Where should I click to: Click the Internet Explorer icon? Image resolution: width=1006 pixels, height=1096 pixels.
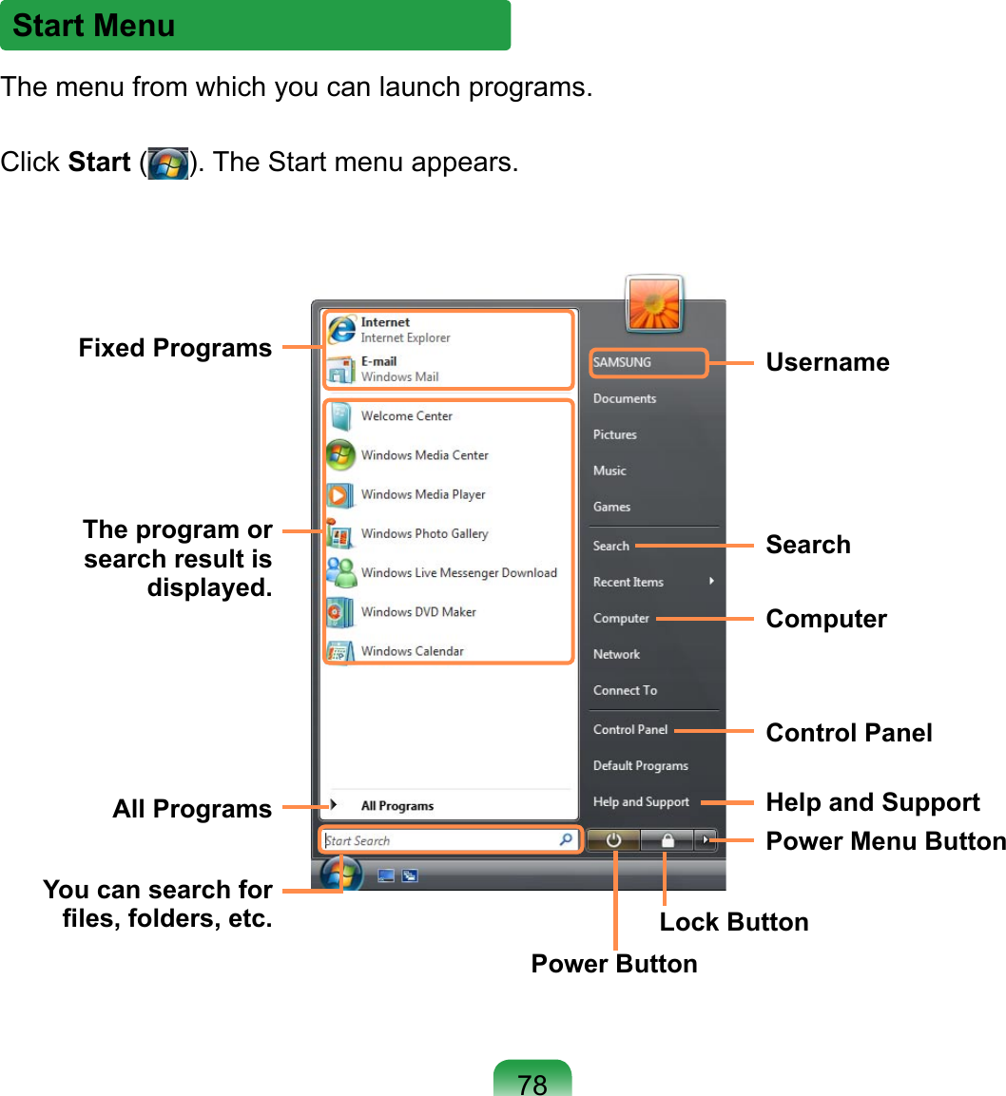(341, 329)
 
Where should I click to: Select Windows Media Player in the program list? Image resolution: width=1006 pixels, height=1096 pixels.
(423, 495)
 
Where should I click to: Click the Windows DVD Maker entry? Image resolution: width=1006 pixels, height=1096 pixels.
(418, 612)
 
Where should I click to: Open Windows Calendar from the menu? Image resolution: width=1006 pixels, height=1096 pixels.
(412, 651)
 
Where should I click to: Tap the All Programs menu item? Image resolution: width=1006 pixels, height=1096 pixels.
(397, 806)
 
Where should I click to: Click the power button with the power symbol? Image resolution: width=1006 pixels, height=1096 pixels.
(614, 840)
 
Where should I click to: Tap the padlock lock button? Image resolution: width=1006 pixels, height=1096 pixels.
(667, 840)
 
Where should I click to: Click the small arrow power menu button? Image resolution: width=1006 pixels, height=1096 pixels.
(706, 840)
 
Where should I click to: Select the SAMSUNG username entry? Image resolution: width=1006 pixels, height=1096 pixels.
(623, 362)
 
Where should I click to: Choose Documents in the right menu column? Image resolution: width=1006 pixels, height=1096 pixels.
(625, 398)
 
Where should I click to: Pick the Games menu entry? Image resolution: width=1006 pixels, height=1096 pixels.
(611, 507)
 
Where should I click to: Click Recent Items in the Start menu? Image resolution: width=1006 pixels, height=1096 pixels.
(629, 582)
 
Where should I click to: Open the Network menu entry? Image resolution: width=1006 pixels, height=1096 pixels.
(616, 654)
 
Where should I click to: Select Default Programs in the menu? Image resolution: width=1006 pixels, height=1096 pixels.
(640, 765)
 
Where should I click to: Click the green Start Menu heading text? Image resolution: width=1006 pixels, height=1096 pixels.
(94, 26)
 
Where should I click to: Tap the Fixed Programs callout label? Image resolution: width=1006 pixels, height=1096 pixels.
(175, 348)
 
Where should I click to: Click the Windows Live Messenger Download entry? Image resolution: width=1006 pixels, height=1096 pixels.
(458, 573)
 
